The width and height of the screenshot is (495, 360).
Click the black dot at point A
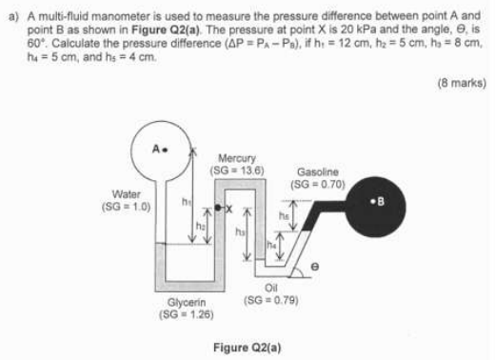point(165,150)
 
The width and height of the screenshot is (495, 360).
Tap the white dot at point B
point(373,201)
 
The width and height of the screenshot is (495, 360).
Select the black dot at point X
point(218,208)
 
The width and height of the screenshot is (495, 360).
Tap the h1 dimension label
point(187,202)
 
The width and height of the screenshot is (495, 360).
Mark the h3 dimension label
point(240,232)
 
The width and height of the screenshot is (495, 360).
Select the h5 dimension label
point(284,215)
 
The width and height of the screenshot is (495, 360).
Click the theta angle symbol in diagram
point(314,267)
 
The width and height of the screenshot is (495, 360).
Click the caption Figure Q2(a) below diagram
point(247,348)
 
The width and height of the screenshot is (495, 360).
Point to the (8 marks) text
point(462,83)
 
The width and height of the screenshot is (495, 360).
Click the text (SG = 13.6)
point(237,170)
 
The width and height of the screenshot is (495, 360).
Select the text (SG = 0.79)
point(271,300)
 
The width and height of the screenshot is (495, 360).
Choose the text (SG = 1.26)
point(187,314)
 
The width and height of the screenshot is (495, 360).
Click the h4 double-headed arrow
point(280,246)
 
